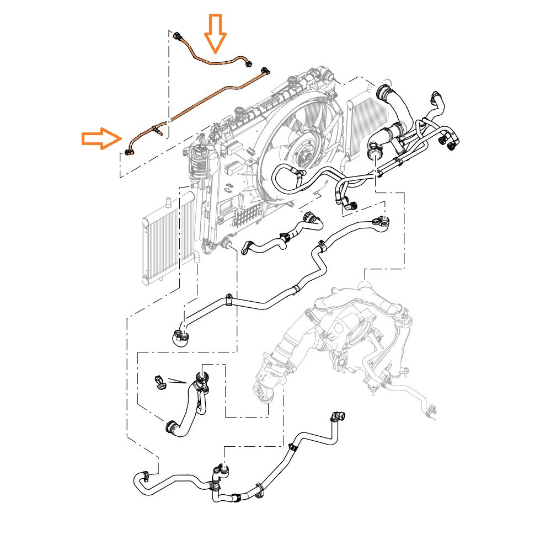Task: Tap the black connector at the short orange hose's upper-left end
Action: pyautogui.click(x=178, y=37)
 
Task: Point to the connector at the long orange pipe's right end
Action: pyautogui.click(x=265, y=70)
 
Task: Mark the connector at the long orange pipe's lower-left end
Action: pyautogui.click(x=130, y=152)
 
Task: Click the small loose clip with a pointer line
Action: pyautogui.click(x=159, y=382)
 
